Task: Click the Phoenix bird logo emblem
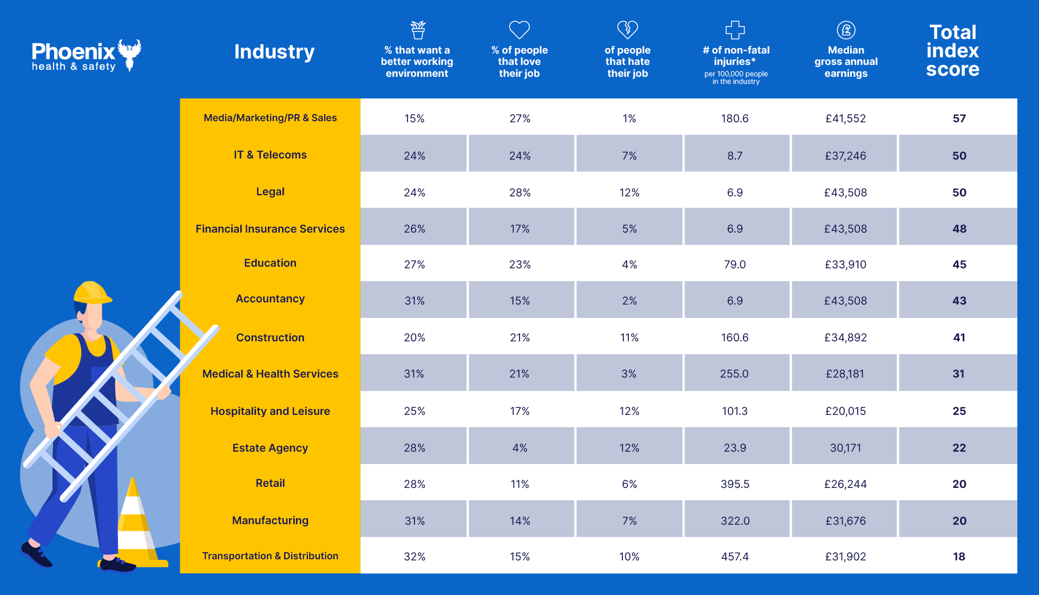[130, 54]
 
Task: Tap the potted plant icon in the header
[418, 30]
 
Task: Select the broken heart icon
[628, 30]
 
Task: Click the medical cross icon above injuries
[735, 30]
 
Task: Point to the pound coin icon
[846, 30]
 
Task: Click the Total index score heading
[952, 51]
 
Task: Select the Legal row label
[270, 192]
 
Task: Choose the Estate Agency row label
[270, 448]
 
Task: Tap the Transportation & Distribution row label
[270, 556]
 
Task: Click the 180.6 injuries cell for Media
[735, 118]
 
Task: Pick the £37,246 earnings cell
[845, 156]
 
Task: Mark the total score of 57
[959, 118]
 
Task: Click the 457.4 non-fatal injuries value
[735, 557]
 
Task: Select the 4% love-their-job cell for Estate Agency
[519, 448]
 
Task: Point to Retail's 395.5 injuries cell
[735, 484]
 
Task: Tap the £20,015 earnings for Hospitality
[845, 411]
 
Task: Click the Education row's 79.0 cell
[735, 265]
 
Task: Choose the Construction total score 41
[959, 338]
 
